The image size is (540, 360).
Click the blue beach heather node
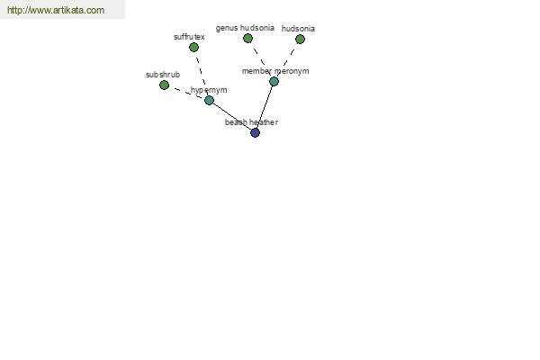[255, 132]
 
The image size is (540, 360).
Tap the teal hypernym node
[209, 100]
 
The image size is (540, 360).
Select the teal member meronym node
[274, 81]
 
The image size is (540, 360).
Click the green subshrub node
[165, 85]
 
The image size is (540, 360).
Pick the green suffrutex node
[193, 47]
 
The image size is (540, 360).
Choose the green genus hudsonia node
[247, 38]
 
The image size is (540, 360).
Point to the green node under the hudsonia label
[300, 39]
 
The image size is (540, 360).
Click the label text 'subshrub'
[163, 75]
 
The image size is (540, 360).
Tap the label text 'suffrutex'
[189, 37]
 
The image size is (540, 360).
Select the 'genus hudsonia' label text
[245, 28]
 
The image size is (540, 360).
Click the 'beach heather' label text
[251, 122]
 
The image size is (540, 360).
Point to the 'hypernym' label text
[209, 90]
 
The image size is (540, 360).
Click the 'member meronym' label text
[275, 71]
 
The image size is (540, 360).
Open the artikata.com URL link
[56, 10]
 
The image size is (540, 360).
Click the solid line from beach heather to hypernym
[232, 116]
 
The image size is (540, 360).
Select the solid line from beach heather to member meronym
[265, 107]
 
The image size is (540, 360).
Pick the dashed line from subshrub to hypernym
[186, 93]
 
